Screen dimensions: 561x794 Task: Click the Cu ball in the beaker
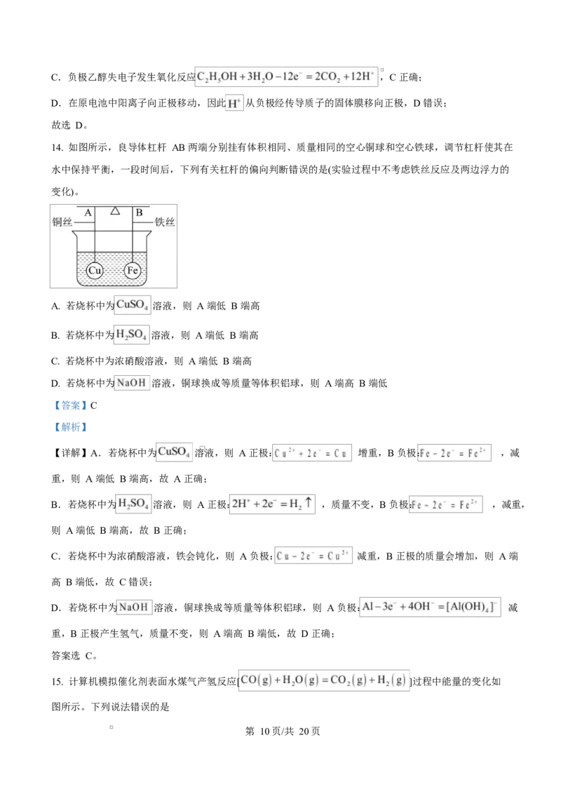point(95,271)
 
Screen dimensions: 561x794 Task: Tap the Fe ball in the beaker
point(133,271)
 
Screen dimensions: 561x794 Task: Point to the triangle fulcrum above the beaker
point(116,210)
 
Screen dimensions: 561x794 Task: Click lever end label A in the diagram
point(88,213)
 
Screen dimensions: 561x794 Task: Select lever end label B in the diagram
point(140,213)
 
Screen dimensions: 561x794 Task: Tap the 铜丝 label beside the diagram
point(62,222)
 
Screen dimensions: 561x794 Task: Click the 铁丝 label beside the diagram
point(165,222)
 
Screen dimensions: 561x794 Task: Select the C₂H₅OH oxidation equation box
point(286,76)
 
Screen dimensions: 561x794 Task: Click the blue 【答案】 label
point(70,405)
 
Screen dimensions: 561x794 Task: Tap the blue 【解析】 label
point(70,427)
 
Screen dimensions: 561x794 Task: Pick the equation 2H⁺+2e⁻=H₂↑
point(272,504)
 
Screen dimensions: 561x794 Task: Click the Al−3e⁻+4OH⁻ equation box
point(430,607)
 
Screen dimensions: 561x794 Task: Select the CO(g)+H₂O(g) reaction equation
point(323,680)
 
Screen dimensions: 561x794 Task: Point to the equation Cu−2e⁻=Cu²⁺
point(313,556)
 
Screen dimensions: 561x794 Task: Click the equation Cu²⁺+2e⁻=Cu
point(312,452)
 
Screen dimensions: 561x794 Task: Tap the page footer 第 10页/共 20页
point(283,731)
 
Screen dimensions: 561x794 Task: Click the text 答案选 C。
point(74,656)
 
